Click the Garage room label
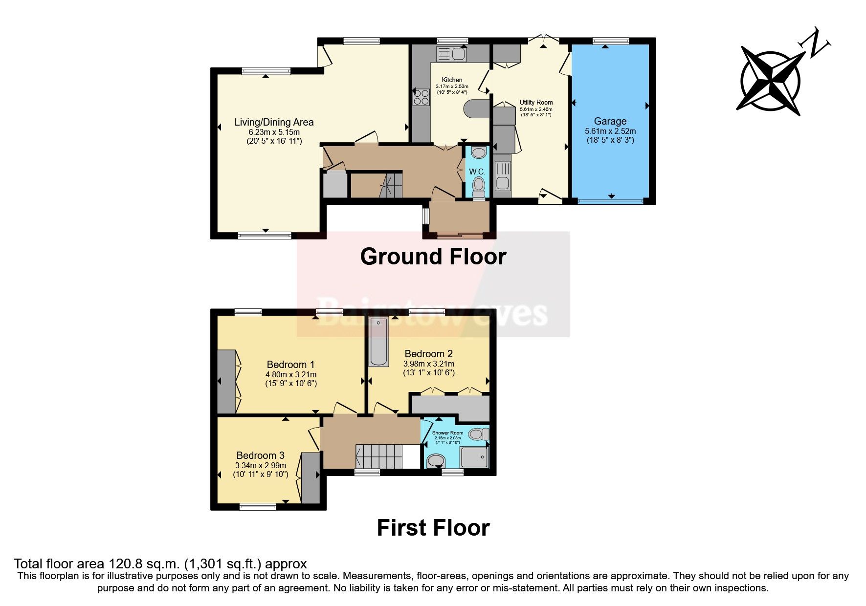pos(610,121)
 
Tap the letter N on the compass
pos(816,44)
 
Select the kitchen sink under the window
pos(452,53)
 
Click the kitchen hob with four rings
pos(420,97)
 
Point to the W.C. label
pos(477,172)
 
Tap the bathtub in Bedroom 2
pos(378,342)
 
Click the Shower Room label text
pos(447,433)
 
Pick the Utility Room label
pos(536,103)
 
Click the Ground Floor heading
pos(433,257)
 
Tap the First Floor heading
pos(433,528)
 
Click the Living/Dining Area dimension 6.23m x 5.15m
pos(274,132)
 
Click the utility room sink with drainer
pos(502,175)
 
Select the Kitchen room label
pos(452,80)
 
